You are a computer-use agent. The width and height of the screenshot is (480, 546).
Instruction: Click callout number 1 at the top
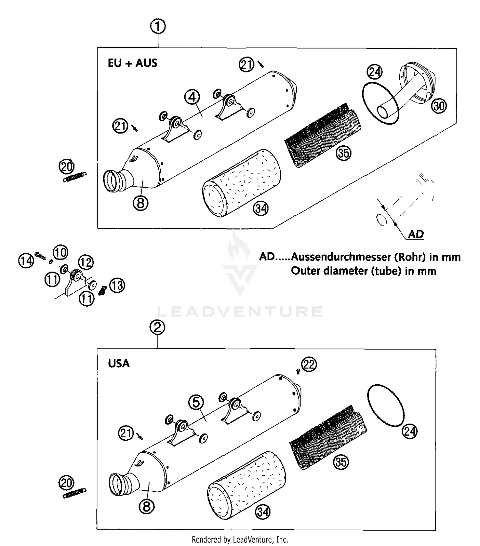(x=158, y=27)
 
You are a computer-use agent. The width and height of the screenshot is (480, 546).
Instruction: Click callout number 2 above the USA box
(x=157, y=327)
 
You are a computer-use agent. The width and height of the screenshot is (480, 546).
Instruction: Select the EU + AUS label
(x=132, y=63)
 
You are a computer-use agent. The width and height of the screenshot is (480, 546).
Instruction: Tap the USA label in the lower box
(x=119, y=364)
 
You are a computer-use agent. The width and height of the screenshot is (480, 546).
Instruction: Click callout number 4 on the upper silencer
(x=192, y=97)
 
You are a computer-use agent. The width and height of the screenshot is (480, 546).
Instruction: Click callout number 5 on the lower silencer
(x=196, y=402)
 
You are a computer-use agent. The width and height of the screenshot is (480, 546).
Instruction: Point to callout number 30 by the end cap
(x=439, y=105)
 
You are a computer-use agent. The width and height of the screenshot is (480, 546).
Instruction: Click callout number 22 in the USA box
(x=309, y=365)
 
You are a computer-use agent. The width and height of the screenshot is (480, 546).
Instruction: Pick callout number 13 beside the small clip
(x=117, y=285)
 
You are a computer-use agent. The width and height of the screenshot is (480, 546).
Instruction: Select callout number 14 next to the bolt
(x=26, y=261)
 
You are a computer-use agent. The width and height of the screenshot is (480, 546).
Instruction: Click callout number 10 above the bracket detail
(x=60, y=252)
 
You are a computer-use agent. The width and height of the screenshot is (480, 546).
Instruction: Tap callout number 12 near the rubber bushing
(x=85, y=263)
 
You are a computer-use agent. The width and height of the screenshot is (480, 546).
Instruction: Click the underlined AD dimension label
(x=416, y=234)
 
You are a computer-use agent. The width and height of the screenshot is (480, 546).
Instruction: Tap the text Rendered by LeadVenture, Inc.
(x=240, y=540)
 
